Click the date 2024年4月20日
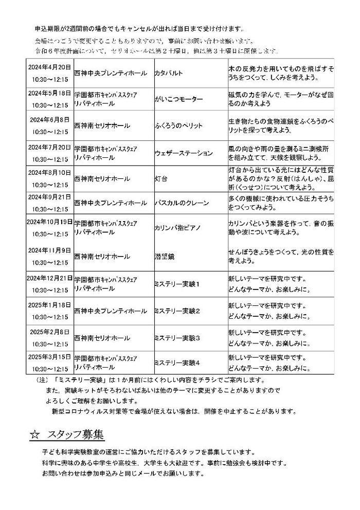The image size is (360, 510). coord(49,67)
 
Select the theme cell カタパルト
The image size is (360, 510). coord(168,74)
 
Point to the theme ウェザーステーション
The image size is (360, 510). coord(184,153)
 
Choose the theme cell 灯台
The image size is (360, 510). coord(161,179)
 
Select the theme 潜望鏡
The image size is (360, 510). coord(164,256)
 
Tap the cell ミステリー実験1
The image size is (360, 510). coord(177,283)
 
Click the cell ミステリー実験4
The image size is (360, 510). coord(177,362)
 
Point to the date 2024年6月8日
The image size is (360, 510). coord(49,119)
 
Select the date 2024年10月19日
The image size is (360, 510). coord(49,222)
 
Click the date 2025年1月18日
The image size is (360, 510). coord(49,305)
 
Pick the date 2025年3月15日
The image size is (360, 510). coord(49,356)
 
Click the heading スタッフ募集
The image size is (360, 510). coord(76,434)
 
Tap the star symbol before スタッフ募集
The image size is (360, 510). coord(34,434)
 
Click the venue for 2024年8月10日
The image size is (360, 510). coord(102,179)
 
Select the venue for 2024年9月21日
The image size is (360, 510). coord(110,203)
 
